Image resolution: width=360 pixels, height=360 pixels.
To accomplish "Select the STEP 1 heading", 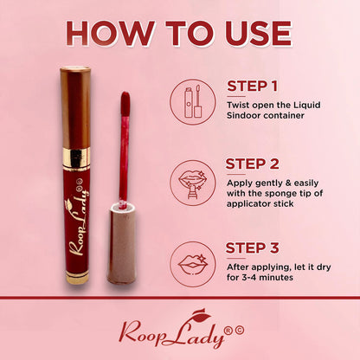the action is (252, 86).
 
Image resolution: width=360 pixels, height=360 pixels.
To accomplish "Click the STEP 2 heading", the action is (252, 164).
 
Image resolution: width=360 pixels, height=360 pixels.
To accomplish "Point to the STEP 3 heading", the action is (252, 248).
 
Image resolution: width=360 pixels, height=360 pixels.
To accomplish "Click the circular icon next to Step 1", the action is (193, 102).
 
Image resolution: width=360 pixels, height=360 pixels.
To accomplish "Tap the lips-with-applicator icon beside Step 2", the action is (193, 183).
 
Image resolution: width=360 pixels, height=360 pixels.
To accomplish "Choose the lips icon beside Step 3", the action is (193, 265).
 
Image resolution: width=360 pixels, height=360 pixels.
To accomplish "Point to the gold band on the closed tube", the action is (76, 157).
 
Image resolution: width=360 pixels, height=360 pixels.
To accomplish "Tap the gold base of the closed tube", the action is (77, 277).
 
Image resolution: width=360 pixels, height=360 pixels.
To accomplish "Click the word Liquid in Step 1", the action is (307, 106).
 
